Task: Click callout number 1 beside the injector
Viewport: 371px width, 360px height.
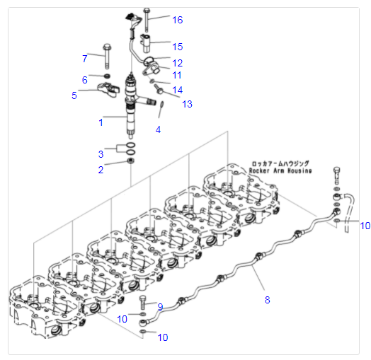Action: click(x=101, y=122)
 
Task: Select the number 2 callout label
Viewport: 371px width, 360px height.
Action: click(x=101, y=169)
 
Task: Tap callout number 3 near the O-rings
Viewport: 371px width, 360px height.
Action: click(x=101, y=153)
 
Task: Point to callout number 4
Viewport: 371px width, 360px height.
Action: click(x=158, y=129)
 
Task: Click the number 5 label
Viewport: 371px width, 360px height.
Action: click(x=74, y=95)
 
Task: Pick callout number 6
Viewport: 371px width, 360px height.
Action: click(x=84, y=79)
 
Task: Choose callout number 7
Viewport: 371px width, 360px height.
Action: click(x=84, y=58)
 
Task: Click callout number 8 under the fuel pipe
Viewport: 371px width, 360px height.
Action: click(x=268, y=300)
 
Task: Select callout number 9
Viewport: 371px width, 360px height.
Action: click(x=160, y=306)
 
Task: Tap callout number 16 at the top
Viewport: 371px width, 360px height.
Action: click(x=177, y=19)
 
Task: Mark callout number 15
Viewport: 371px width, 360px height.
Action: click(x=177, y=47)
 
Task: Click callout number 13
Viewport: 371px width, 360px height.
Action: click(x=187, y=104)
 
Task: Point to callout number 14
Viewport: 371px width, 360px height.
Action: click(x=177, y=90)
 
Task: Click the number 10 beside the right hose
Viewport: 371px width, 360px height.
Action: click(x=365, y=226)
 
